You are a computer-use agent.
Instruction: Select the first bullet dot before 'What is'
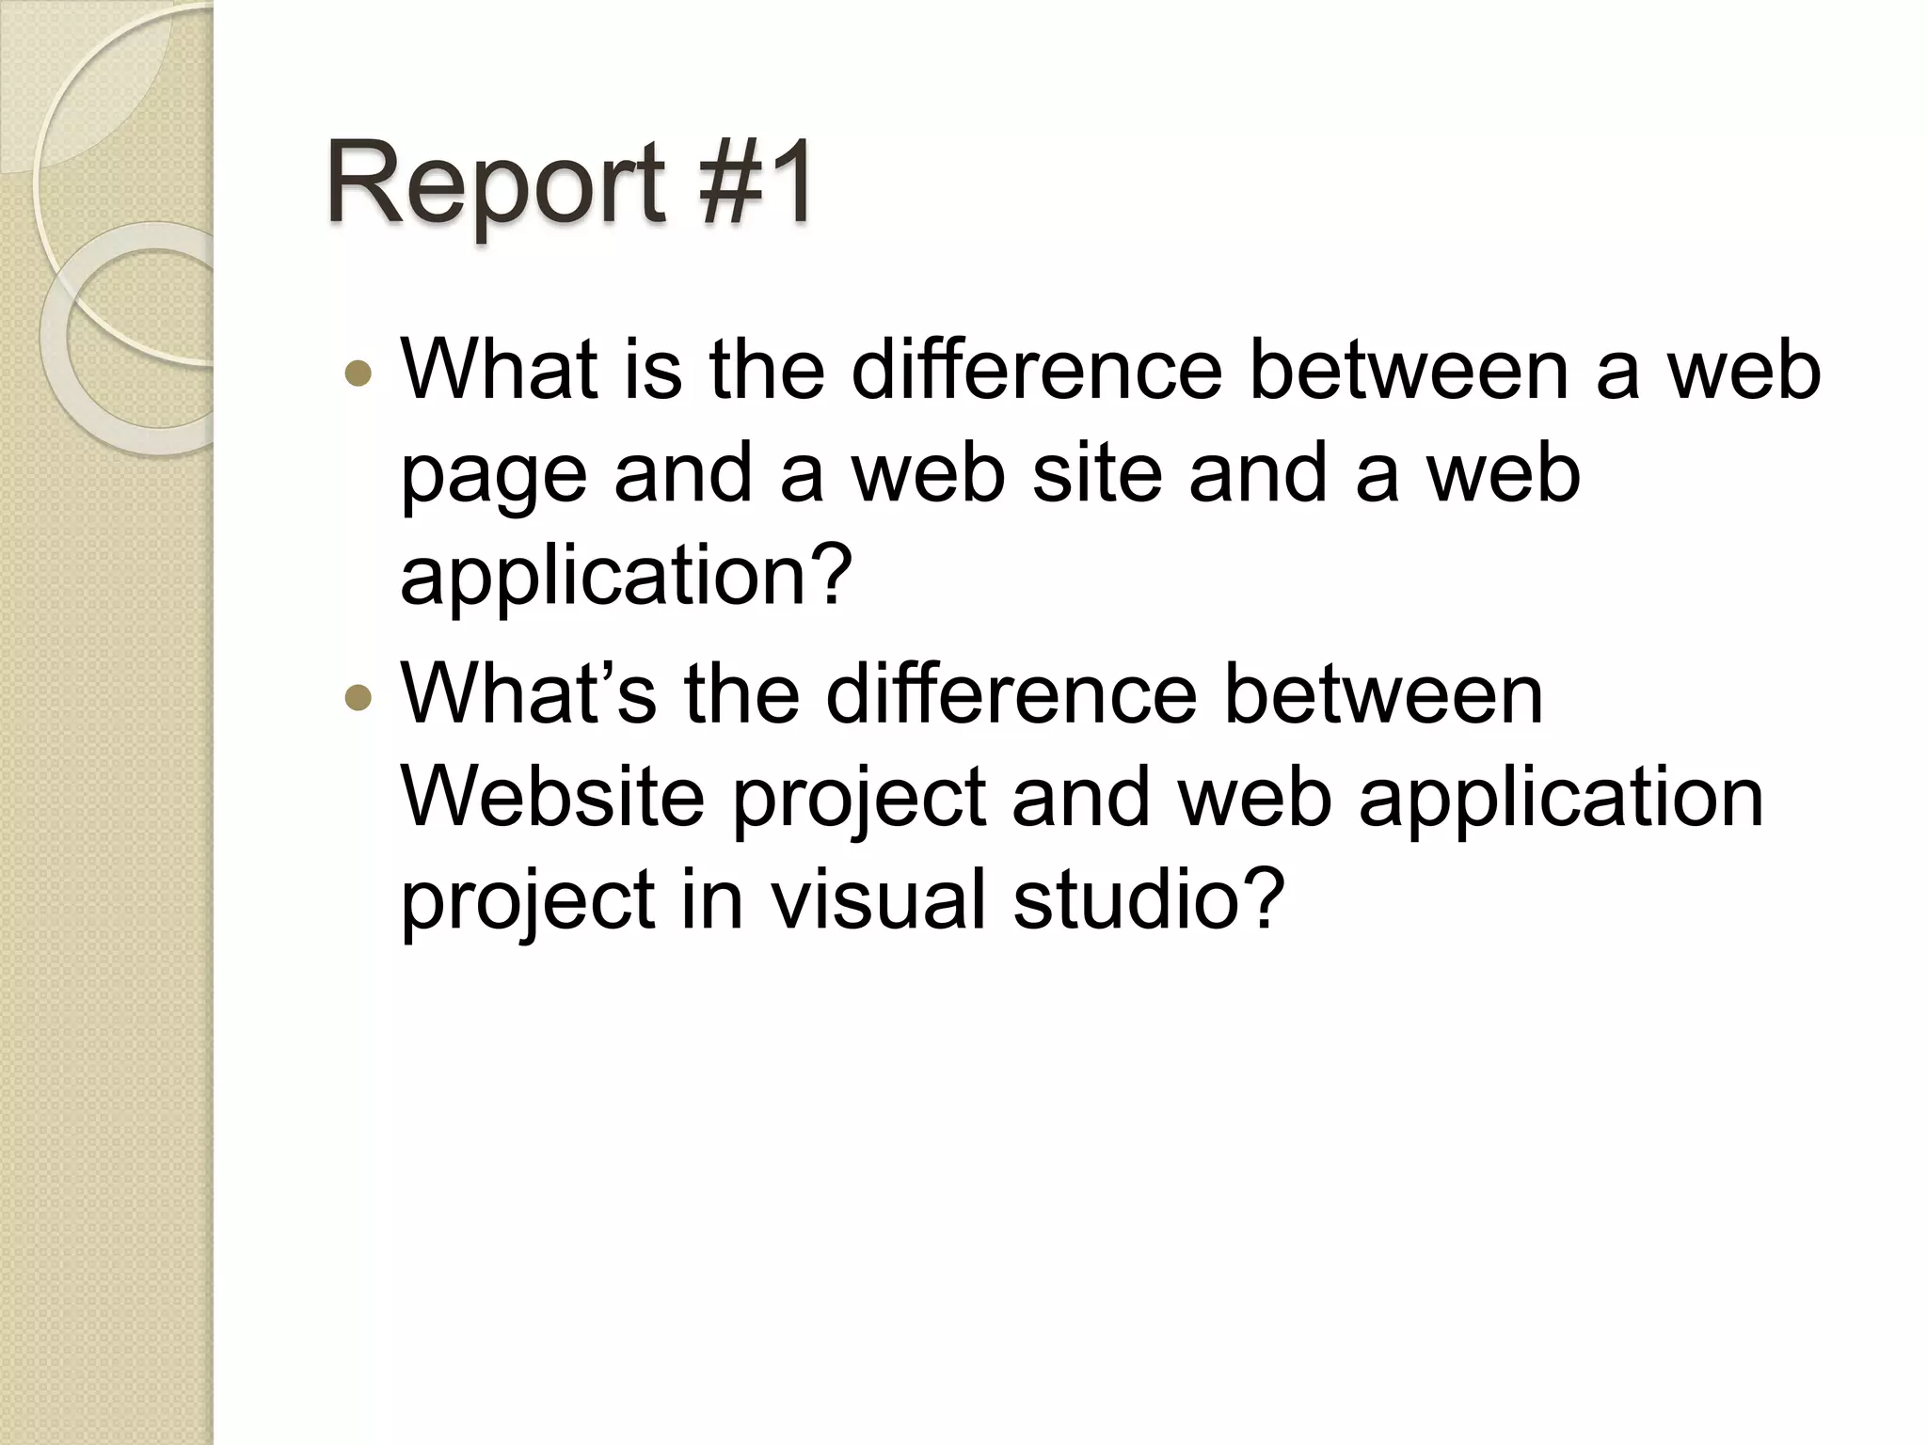(358, 374)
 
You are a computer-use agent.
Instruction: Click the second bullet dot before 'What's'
(358, 698)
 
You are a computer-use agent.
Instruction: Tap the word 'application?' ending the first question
(627, 576)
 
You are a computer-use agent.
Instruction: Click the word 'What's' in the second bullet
(528, 694)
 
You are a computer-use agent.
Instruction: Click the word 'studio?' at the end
(1148, 898)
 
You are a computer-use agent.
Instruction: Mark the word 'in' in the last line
(712, 898)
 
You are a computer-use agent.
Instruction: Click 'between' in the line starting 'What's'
(1382, 694)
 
